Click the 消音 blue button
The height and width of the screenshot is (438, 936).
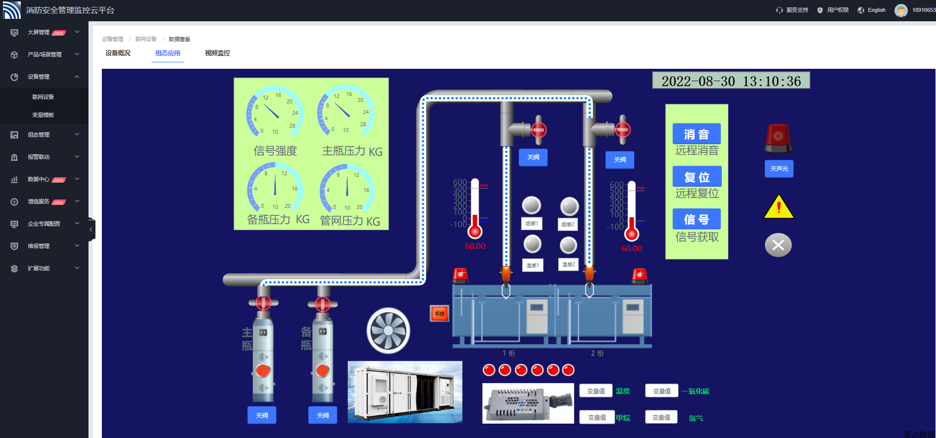696,134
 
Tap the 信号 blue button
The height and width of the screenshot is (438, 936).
696,219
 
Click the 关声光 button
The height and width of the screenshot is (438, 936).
779,169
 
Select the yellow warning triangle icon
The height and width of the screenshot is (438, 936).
778,207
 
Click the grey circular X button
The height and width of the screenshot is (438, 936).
778,245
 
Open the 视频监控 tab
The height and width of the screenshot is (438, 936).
218,53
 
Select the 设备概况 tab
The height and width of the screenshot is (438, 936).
118,53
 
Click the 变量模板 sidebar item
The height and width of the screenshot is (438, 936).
43,115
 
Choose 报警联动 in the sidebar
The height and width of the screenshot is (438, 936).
39,157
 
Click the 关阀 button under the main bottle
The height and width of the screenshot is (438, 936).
262,415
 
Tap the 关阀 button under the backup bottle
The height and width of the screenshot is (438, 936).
322,415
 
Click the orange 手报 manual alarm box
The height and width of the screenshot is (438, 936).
439,314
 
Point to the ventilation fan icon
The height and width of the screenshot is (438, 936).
388,331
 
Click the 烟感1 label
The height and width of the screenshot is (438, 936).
532,224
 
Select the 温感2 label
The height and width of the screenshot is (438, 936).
568,265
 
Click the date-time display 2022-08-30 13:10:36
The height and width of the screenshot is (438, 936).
731,81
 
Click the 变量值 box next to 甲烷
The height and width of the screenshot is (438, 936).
597,417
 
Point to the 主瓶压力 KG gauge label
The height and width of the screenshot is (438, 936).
352,151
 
